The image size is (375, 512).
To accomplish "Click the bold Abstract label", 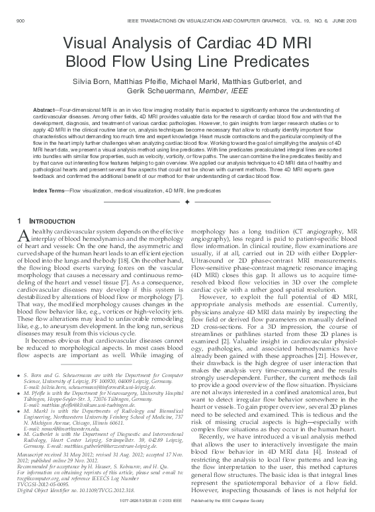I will tap(44, 108).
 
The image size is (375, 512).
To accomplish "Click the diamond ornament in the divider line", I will tap(187, 200).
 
